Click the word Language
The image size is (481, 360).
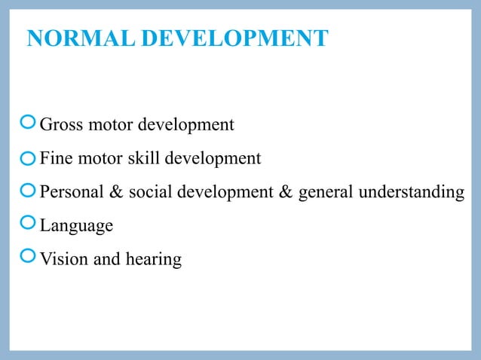tap(76, 226)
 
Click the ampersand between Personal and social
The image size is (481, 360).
tap(116, 192)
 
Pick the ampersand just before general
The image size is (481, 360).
tap(286, 192)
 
